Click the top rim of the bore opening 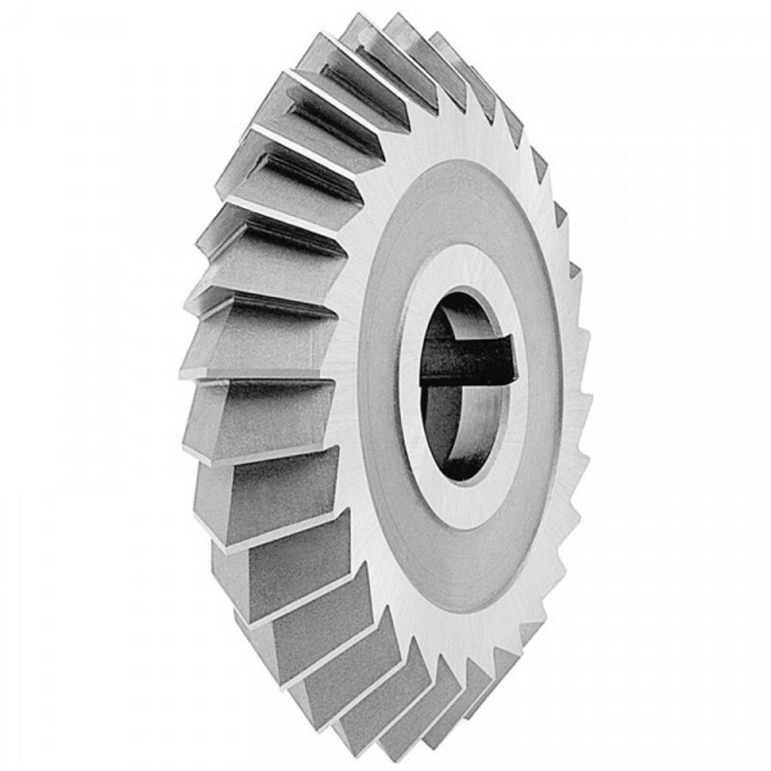[x=463, y=292]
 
